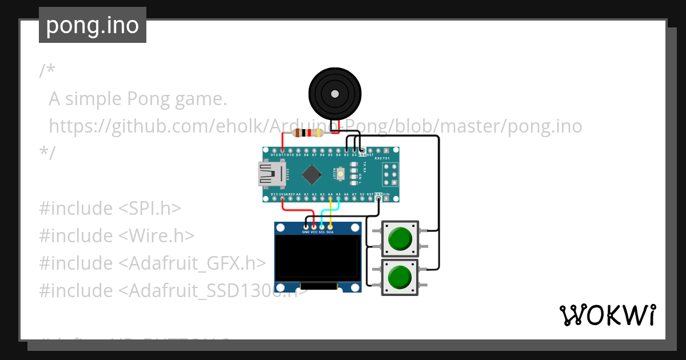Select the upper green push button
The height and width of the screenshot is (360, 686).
400,238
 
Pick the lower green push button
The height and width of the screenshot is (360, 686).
400,277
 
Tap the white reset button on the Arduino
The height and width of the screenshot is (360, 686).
341,174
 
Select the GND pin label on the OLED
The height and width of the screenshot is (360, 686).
306,232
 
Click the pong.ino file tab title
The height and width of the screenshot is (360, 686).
93,26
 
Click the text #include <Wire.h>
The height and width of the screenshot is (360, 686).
117,235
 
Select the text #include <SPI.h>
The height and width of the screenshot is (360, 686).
110,208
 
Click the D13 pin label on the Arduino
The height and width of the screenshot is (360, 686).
274,194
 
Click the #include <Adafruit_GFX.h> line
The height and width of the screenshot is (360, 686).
152,263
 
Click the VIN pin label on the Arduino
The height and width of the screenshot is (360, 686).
386,194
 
